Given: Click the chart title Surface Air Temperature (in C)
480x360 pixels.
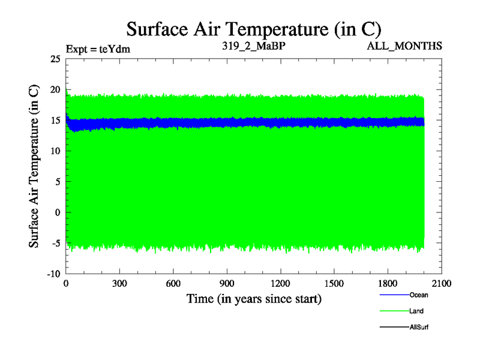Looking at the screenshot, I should [254, 28].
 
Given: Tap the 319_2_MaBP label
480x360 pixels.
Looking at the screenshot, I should [253, 46].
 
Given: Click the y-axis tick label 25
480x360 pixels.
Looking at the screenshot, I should [55, 59].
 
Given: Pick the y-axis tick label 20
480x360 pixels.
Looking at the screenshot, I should [55, 89].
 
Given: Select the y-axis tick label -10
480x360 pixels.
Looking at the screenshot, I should [53, 274].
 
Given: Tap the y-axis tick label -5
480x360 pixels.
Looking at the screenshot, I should [55, 243].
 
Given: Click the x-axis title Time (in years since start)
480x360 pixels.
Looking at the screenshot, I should [254, 298].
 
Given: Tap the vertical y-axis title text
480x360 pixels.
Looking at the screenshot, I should [34, 166].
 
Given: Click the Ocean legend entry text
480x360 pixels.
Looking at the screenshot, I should [419, 295].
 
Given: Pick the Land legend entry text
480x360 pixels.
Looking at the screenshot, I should [417, 311].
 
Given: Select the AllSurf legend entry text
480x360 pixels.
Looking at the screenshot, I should [419, 328].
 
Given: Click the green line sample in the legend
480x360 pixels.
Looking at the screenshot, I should [394, 311].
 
